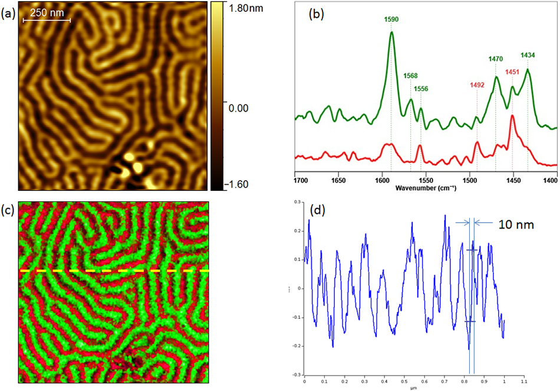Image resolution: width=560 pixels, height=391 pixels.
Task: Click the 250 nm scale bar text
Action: [x=47, y=12]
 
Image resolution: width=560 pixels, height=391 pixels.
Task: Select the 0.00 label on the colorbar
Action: [x=236, y=108]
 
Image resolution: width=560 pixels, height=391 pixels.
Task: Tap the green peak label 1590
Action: [x=391, y=19]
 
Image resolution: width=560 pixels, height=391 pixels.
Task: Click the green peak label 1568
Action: [x=410, y=75]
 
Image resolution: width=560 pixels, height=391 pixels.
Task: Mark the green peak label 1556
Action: [x=421, y=89]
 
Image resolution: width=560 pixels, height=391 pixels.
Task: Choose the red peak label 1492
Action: [x=477, y=84]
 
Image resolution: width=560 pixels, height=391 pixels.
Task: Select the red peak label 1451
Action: [x=512, y=72]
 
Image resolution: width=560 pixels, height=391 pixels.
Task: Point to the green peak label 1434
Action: [x=528, y=55]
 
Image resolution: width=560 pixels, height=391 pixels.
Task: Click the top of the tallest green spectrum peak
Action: [x=391, y=32]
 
